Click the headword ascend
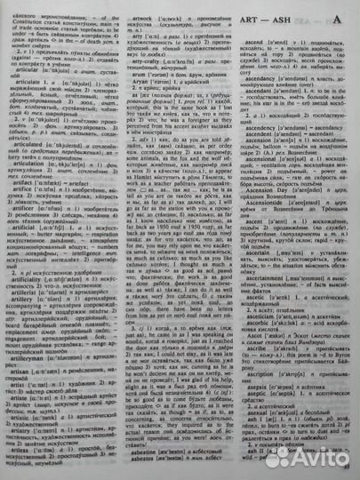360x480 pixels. [256, 42]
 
